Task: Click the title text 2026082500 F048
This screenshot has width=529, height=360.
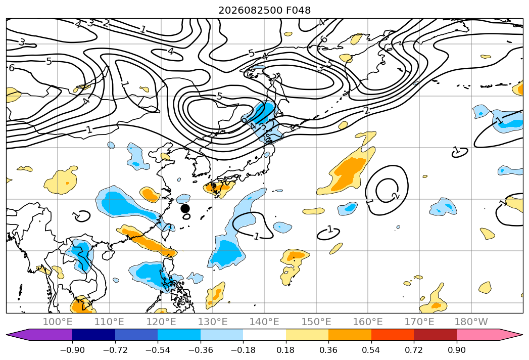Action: click(265, 10)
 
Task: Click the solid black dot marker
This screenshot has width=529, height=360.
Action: click(185, 208)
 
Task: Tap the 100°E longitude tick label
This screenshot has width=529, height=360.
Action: click(58, 322)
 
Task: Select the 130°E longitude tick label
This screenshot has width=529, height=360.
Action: click(213, 322)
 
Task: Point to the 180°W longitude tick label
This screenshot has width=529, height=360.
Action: click(471, 322)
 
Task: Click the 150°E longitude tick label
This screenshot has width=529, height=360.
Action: click(316, 322)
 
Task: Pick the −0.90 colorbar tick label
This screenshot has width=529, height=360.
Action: click(72, 350)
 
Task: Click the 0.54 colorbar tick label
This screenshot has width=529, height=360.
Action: click(371, 350)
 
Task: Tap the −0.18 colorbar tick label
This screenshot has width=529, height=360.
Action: click(243, 350)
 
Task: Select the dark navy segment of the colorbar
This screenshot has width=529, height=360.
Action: click(94, 335)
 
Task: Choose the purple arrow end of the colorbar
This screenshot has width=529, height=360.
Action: click(39, 335)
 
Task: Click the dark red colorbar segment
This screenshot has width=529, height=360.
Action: click(435, 335)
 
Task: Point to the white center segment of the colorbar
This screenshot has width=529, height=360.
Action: click(265, 335)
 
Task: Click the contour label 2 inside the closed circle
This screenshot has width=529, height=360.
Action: click(396, 196)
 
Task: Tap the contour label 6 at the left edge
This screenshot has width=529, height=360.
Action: click(12, 68)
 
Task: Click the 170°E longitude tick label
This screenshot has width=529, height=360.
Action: click(419, 322)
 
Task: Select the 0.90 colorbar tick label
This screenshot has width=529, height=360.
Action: click(456, 350)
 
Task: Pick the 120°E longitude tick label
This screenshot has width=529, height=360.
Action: click(161, 322)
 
